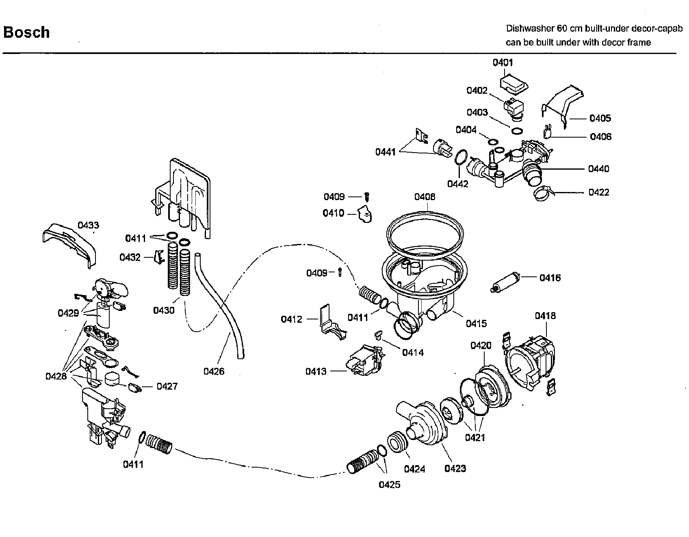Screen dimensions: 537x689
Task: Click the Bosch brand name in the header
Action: click(x=26, y=32)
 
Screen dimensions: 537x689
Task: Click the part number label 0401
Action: click(x=503, y=63)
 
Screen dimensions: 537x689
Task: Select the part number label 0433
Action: click(x=88, y=225)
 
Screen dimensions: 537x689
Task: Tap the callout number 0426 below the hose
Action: click(x=214, y=371)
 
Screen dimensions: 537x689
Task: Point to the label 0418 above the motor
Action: click(x=545, y=316)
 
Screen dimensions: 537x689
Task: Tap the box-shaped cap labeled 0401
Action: click(x=513, y=83)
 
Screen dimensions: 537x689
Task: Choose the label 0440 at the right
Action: click(x=598, y=169)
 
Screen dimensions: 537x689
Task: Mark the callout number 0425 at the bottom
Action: click(x=390, y=485)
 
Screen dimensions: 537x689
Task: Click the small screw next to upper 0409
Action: click(x=367, y=197)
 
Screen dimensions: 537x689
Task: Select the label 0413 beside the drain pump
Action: click(x=316, y=371)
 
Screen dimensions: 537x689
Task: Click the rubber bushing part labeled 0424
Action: click(x=397, y=442)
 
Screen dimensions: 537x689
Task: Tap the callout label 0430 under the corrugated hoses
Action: click(x=164, y=311)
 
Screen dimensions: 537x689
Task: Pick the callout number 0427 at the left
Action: click(x=167, y=386)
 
